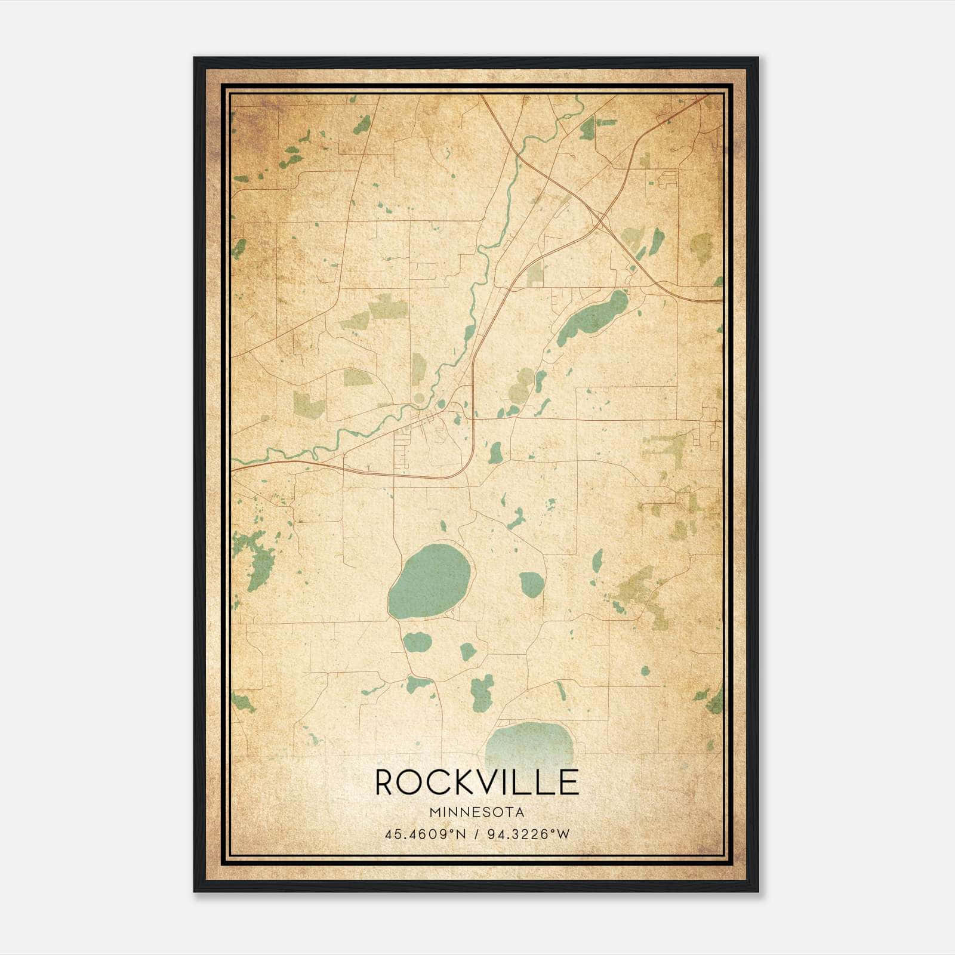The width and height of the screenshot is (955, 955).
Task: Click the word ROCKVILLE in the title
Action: pyautogui.click(x=477, y=782)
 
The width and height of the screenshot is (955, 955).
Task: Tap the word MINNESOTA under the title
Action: pyautogui.click(x=477, y=812)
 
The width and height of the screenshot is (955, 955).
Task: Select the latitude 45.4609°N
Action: pyautogui.click(x=426, y=834)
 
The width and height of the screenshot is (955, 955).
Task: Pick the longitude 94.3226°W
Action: pyautogui.click(x=529, y=834)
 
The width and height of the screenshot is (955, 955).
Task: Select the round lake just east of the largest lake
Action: pyautogui.click(x=531, y=584)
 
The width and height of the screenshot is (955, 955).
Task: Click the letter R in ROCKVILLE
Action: pyautogui.click(x=386, y=782)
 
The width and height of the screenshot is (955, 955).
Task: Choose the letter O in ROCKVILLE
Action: pyautogui.click(x=412, y=782)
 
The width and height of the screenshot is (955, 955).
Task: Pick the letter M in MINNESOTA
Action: pyautogui.click(x=434, y=812)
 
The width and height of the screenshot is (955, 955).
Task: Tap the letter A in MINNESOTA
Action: pyautogui.click(x=521, y=812)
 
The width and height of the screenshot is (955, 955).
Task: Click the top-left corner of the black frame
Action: pyautogui.click(x=195, y=58)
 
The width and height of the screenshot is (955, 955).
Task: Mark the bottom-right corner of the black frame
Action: pyautogui.click(x=758, y=892)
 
